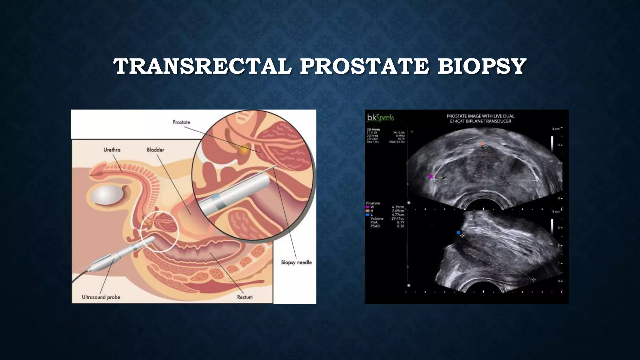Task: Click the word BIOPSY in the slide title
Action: click(482, 66)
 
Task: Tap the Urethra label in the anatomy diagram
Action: click(112, 150)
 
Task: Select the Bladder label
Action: click(156, 150)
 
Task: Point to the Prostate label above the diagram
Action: click(181, 122)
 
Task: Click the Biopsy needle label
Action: click(296, 262)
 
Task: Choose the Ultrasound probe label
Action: click(101, 297)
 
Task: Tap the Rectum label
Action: click(245, 297)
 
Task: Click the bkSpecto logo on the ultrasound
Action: click(380, 118)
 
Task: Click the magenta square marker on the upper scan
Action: click(431, 177)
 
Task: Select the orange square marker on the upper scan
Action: click(482, 144)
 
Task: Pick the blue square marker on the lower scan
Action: click(458, 232)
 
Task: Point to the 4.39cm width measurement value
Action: click(398, 207)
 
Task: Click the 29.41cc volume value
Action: click(397, 218)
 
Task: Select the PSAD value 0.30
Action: click(400, 226)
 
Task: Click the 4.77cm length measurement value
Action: click(398, 215)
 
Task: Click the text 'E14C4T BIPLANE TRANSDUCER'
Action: click(480, 121)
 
